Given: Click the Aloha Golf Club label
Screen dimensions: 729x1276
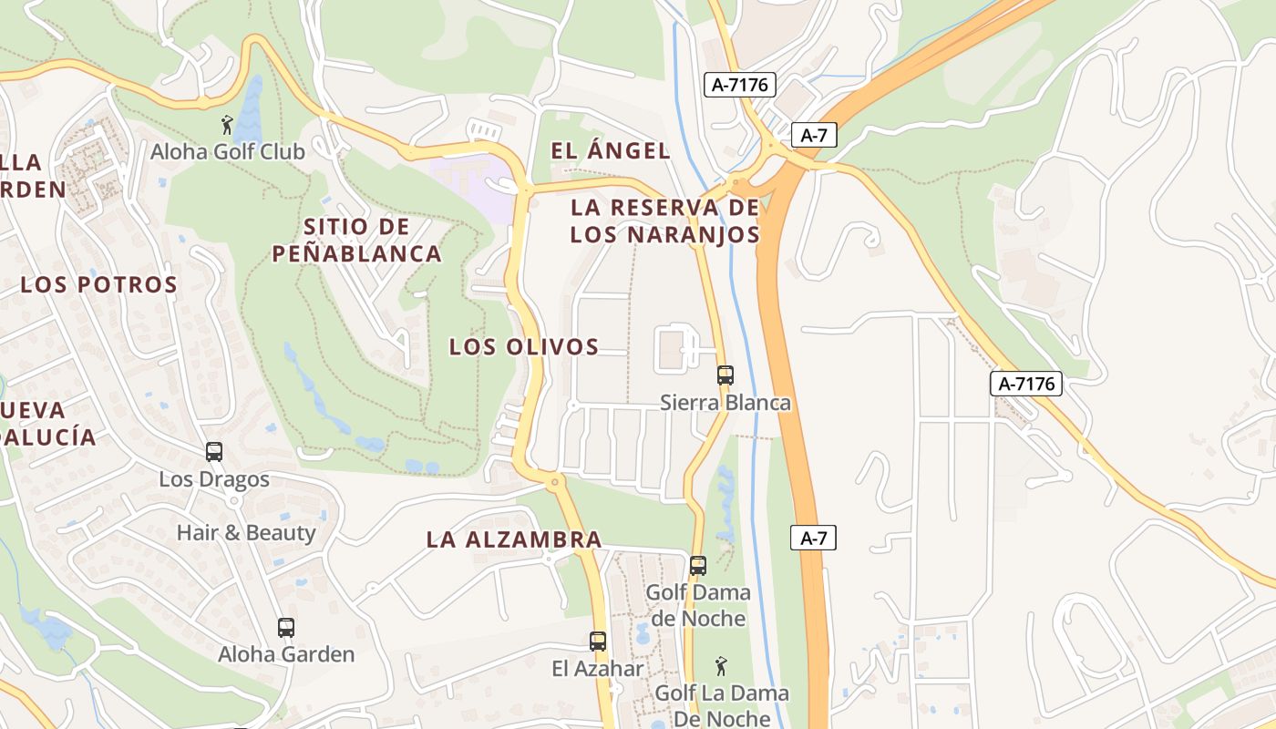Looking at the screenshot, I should point(228,151).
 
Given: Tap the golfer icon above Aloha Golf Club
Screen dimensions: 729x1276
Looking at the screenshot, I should point(227,125).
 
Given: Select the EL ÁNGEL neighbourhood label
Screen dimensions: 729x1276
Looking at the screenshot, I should point(611,151).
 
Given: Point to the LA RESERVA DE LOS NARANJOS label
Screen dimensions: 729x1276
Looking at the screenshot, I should point(665,221).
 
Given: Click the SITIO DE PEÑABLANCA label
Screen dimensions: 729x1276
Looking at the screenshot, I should point(357,240).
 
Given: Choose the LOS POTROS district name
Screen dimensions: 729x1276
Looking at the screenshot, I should point(99,284).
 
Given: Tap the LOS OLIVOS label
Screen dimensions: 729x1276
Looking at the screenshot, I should point(524,346).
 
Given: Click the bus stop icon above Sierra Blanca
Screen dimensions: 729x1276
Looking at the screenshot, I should point(725,375).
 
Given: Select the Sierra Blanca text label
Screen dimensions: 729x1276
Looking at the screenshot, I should point(725,402).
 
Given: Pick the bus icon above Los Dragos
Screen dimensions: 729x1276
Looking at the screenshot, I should point(214,451).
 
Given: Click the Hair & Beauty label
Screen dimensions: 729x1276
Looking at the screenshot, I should point(246,532).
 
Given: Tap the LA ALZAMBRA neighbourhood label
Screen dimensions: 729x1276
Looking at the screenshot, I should point(514,539).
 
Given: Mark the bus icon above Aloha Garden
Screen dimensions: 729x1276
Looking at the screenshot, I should point(286,627).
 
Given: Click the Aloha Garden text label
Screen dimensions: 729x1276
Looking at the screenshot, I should point(286,654).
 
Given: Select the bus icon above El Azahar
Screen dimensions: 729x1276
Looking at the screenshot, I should point(598,641).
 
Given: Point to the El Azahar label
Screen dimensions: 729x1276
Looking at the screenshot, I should point(598,668).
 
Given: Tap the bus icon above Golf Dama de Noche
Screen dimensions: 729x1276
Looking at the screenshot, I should point(698,565).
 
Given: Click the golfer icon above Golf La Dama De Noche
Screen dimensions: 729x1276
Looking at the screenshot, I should point(721,665).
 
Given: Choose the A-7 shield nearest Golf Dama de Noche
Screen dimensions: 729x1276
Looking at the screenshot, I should point(813,538).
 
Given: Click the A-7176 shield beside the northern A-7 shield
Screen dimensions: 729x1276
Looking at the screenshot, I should point(740,86).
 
